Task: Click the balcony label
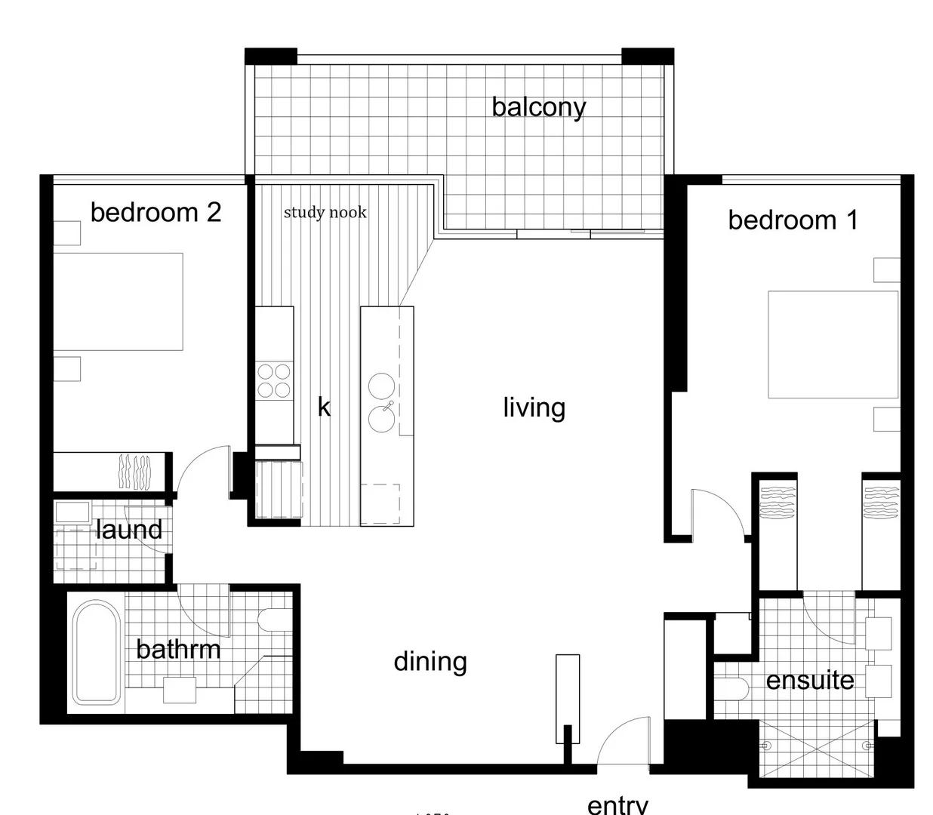pyautogui.click(x=538, y=107)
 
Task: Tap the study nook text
pyautogui.click(x=325, y=212)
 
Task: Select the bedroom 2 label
pyautogui.click(x=155, y=212)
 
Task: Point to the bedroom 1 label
pyautogui.click(x=793, y=220)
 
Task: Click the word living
pyautogui.click(x=534, y=407)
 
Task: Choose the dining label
pyautogui.click(x=430, y=662)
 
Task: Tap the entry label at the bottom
pyautogui.click(x=617, y=804)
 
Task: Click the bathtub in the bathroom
pyautogui.click(x=96, y=652)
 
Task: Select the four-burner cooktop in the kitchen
pyautogui.click(x=274, y=380)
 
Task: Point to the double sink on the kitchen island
pyautogui.click(x=381, y=401)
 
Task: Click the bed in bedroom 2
pyautogui.click(x=119, y=301)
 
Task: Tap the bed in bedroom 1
pyautogui.click(x=833, y=344)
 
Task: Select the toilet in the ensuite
pyautogui.click(x=731, y=687)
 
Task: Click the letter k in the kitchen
pyautogui.click(x=324, y=407)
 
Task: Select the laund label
pyautogui.click(x=129, y=530)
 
